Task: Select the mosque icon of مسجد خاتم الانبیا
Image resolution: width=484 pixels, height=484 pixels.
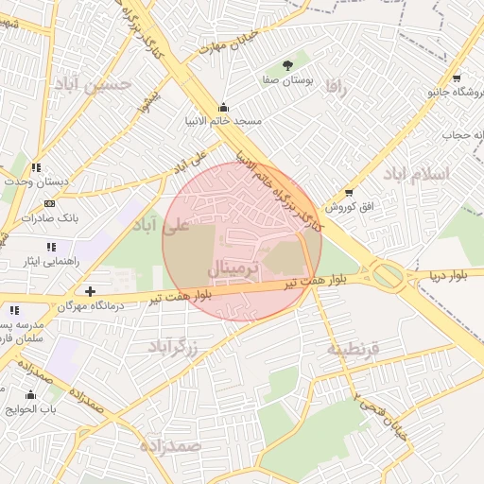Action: [223, 107]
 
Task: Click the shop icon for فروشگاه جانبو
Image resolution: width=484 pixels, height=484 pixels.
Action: [457, 78]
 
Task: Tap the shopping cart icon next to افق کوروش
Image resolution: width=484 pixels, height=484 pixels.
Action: [349, 193]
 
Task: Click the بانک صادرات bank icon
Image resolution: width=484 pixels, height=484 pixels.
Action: [49, 203]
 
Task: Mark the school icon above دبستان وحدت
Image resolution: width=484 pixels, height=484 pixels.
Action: [37, 167]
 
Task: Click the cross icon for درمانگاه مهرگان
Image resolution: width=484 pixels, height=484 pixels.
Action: [90, 292]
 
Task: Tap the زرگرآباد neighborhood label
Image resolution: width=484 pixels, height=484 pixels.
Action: [173, 346]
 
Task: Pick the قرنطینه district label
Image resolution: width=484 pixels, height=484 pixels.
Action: [353, 349]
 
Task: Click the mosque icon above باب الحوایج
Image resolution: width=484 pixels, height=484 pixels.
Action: [31, 395]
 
